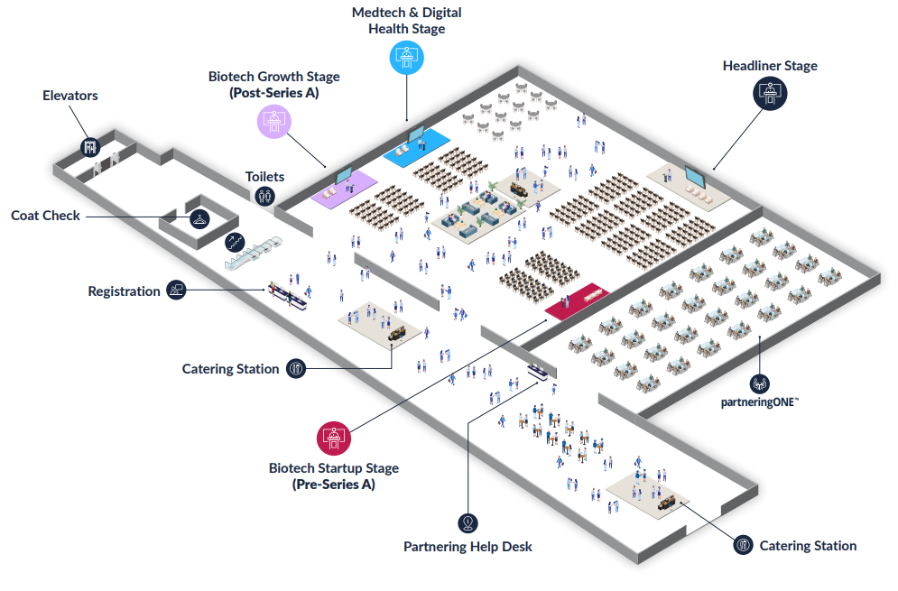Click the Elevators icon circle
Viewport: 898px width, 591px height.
[90, 146]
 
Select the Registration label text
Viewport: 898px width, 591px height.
[124, 291]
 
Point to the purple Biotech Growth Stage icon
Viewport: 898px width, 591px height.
[273, 121]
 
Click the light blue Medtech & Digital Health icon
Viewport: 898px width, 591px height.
[406, 58]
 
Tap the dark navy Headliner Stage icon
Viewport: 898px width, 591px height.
[770, 94]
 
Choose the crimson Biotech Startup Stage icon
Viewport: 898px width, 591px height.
[333, 438]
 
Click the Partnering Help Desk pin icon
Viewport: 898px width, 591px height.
[468, 522]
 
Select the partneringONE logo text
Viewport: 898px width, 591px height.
[760, 403]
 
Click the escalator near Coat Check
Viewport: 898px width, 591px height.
[254, 252]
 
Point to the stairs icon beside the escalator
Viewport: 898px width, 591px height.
[234, 241]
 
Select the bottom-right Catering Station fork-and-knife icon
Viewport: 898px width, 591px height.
[743, 544]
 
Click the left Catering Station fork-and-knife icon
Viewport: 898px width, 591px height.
[296, 368]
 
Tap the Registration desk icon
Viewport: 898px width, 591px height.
[176, 291]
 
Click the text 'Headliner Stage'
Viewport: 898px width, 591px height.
[770, 66]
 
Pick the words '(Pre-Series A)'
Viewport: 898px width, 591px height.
[333, 485]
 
